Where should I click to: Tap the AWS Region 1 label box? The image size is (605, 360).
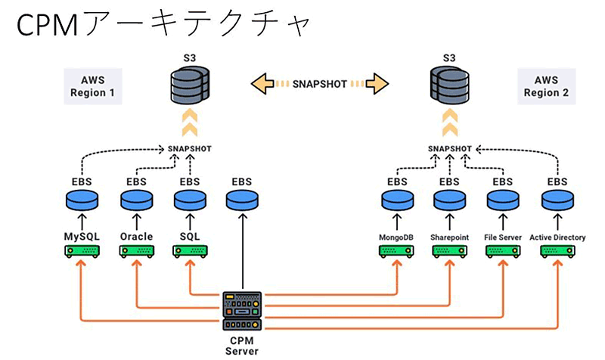92,86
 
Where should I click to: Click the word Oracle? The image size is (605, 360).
136,237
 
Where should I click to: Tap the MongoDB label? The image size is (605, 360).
397,237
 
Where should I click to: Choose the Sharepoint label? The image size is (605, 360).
450,237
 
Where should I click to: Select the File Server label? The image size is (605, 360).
504,237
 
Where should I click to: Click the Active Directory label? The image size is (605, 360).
558,237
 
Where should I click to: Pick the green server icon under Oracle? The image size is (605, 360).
136,253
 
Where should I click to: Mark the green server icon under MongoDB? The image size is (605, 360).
396,253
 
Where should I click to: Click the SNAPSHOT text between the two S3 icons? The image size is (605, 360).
320,84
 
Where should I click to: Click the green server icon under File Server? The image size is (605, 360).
504,253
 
